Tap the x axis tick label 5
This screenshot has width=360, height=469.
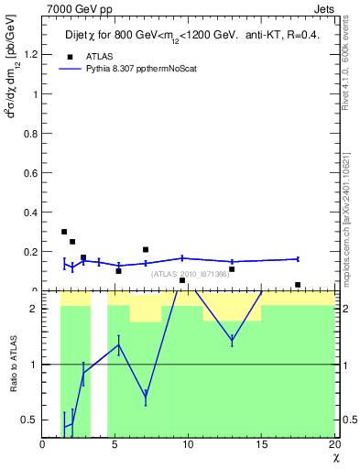coord(115,445)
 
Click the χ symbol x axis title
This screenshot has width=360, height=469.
coord(335,457)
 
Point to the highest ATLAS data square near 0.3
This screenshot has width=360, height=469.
coord(64,232)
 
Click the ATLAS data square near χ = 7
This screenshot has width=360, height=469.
coord(146,249)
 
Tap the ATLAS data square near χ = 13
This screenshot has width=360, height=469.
coord(232,269)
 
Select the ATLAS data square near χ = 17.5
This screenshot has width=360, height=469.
coord(298,285)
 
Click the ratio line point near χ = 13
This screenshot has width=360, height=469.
coord(232,340)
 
